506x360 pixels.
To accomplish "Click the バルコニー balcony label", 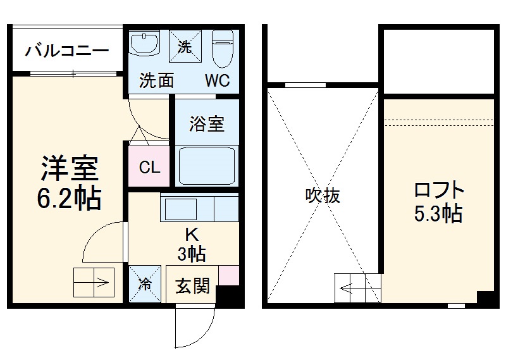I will click(x=67, y=51).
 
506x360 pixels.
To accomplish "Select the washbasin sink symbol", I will click(x=147, y=45).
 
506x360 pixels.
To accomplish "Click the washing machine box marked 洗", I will click(x=184, y=46).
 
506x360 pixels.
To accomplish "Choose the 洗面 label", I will click(x=156, y=81).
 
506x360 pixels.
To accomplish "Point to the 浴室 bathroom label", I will click(x=206, y=123).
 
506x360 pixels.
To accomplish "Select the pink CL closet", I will click(x=149, y=168).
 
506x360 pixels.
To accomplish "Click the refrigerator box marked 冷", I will click(x=145, y=284).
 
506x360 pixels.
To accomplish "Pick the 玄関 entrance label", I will click(x=192, y=286).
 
